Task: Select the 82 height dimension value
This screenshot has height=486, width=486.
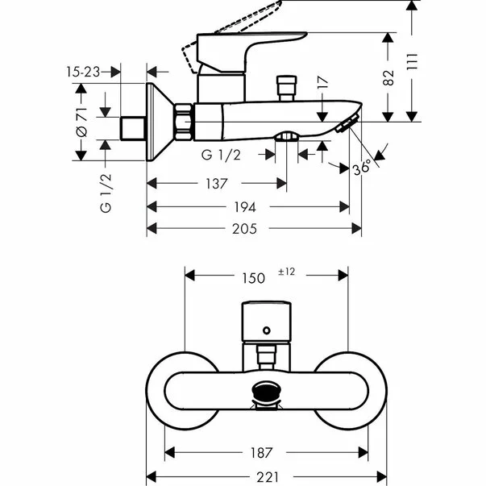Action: [389, 77]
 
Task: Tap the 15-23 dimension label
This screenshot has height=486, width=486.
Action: [83, 72]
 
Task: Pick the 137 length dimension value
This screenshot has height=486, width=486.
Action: [216, 184]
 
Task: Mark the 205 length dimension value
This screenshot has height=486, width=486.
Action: [244, 229]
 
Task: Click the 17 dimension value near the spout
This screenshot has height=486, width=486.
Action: [322, 83]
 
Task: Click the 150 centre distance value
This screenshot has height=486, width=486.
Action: [253, 277]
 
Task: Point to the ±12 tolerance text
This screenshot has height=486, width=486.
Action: [287, 273]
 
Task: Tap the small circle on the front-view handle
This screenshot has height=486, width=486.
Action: [265, 330]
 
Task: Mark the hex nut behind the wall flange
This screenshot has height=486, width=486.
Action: [185, 121]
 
